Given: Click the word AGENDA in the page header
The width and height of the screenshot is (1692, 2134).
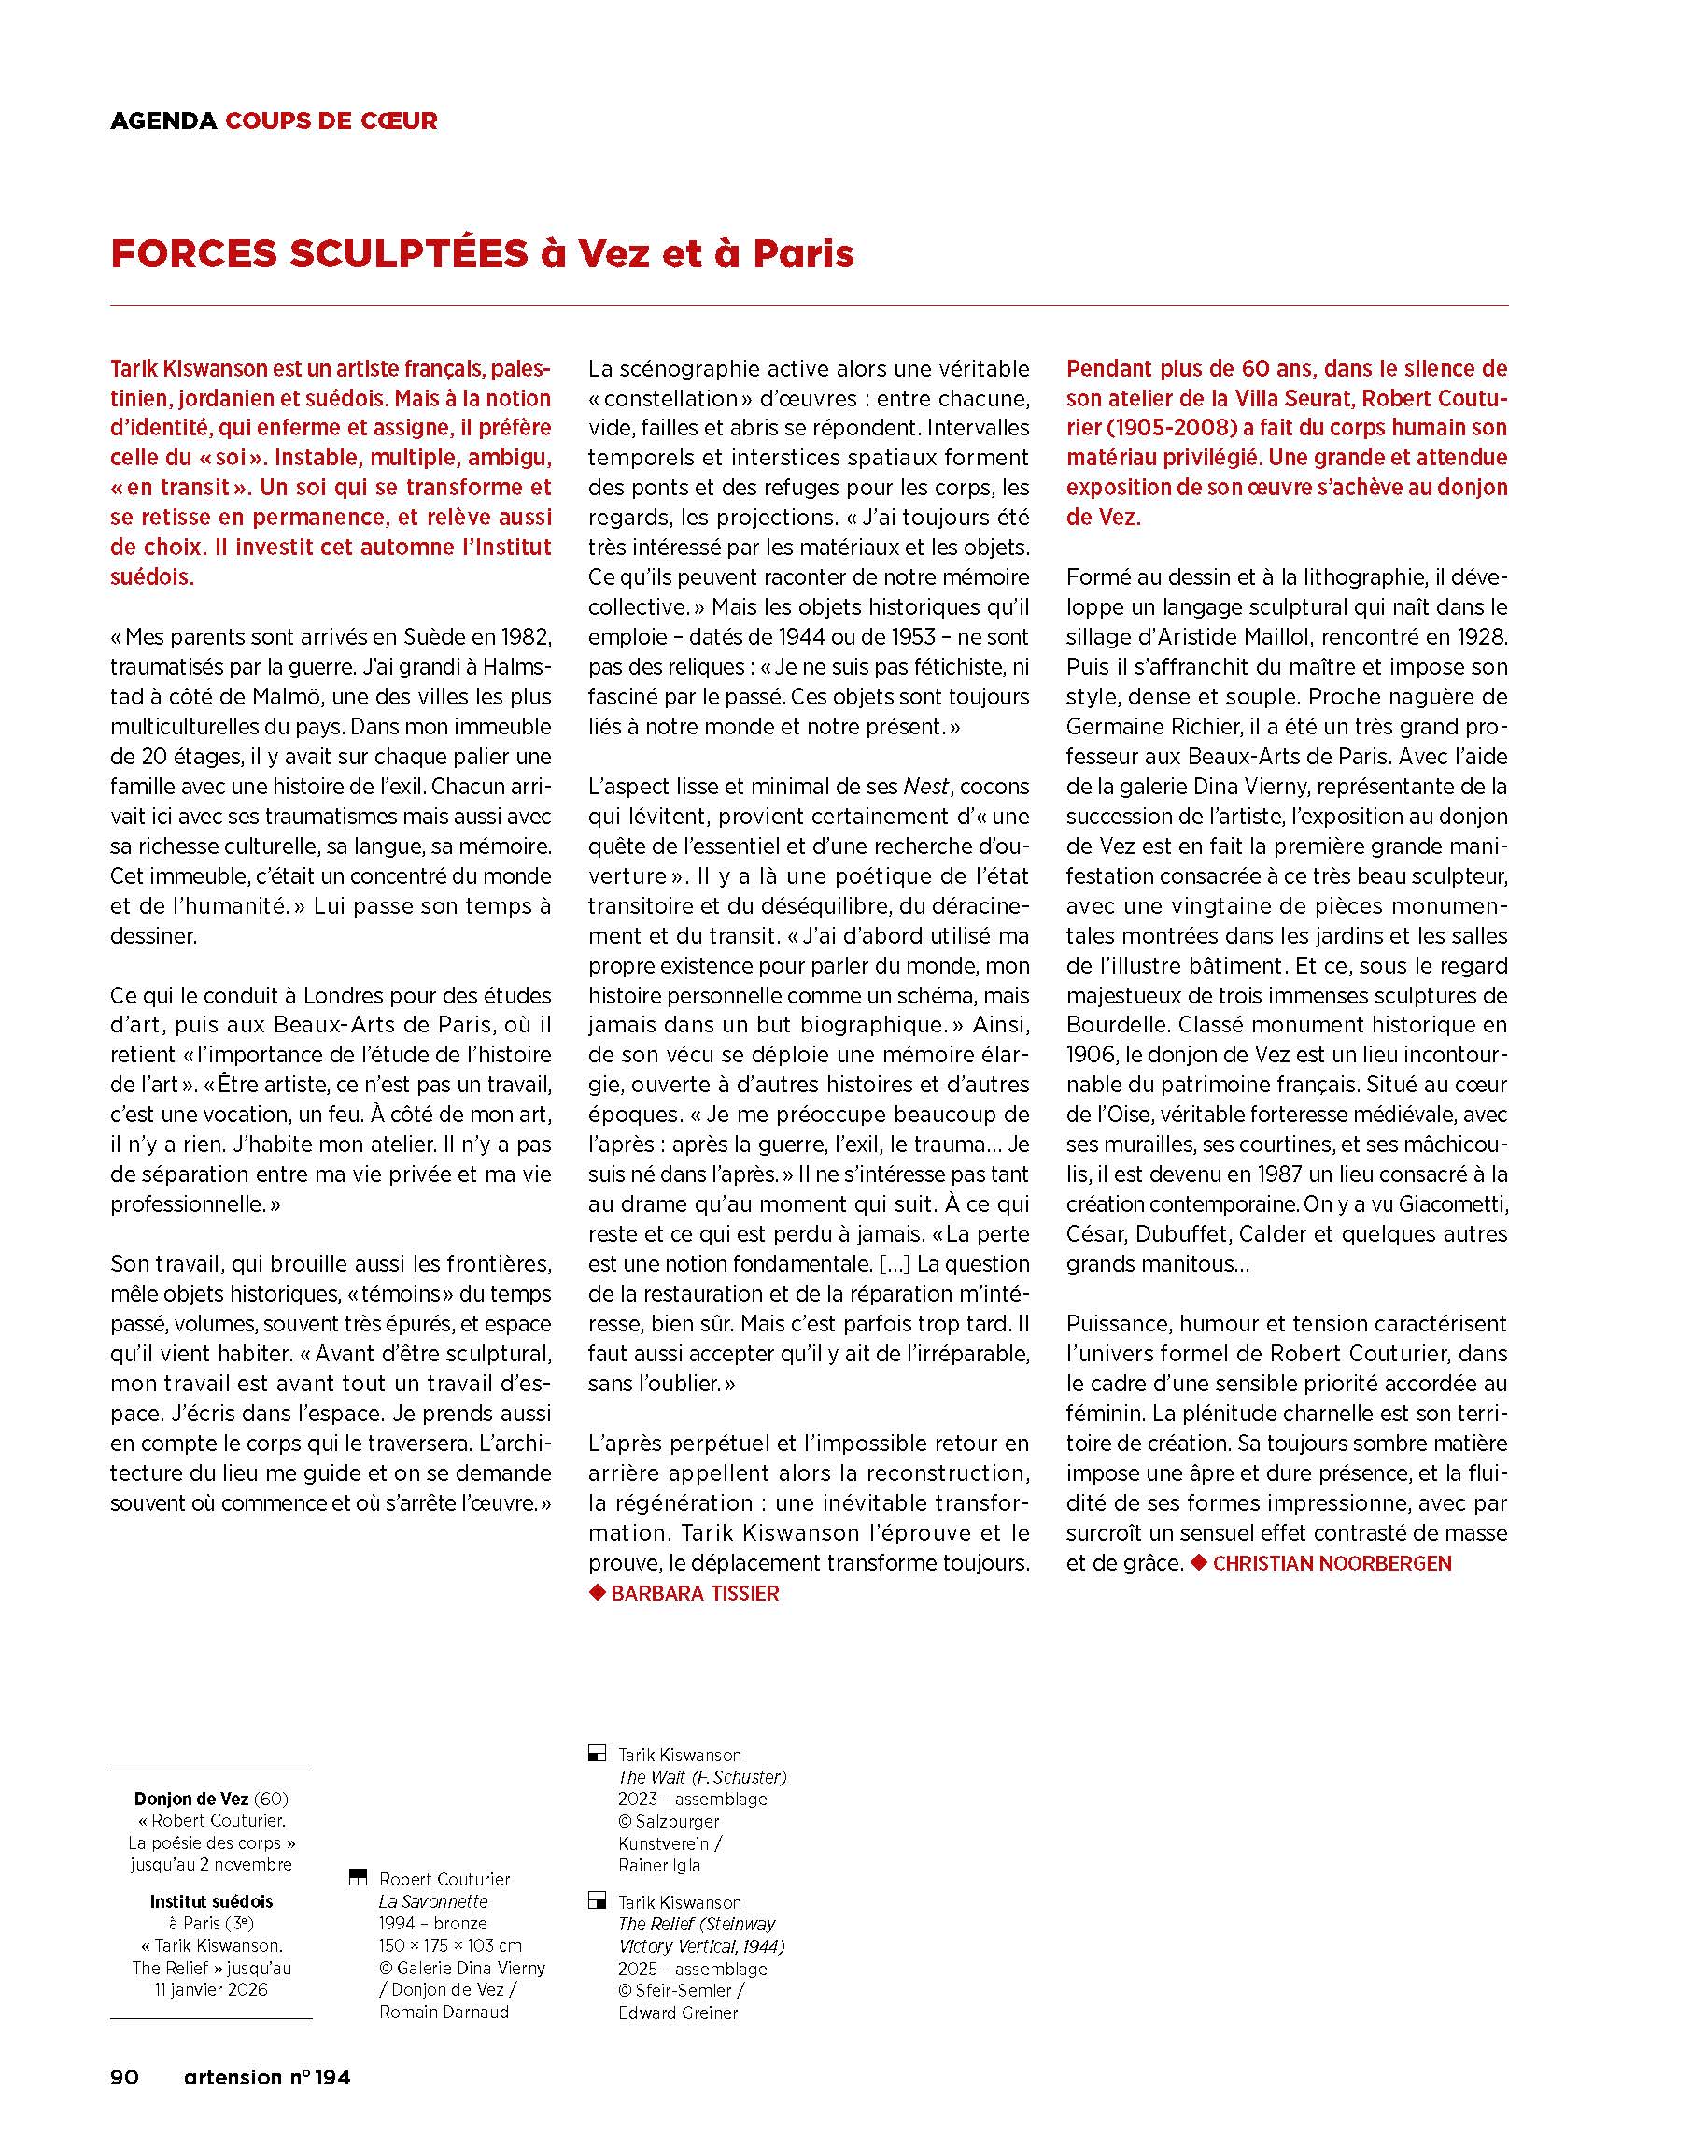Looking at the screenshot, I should coord(163,121).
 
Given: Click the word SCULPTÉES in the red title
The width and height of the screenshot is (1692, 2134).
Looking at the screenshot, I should coord(409,254).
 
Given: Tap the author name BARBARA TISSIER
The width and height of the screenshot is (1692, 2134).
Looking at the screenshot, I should coord(695,1593).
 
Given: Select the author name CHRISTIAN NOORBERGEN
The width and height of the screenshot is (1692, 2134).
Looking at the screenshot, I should coord(1332,1563).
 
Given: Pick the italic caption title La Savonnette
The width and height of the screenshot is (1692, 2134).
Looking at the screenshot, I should coord(433,1900).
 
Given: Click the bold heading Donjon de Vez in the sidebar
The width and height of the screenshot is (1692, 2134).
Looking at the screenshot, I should coord(191,1799).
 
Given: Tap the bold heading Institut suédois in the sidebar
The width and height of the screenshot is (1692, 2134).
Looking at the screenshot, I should coord(211,1900).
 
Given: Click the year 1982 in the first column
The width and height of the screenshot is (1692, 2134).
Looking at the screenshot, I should coord(525,636).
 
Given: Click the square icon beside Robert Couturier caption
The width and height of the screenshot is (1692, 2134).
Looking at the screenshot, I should coord(359,1878).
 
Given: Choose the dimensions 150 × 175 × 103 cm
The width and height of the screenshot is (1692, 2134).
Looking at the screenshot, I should coord(450,1945).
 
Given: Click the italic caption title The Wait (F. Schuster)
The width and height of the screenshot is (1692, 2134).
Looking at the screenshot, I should coord(701,1777).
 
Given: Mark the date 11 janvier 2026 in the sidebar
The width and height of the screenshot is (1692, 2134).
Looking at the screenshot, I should coord(211,1989).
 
